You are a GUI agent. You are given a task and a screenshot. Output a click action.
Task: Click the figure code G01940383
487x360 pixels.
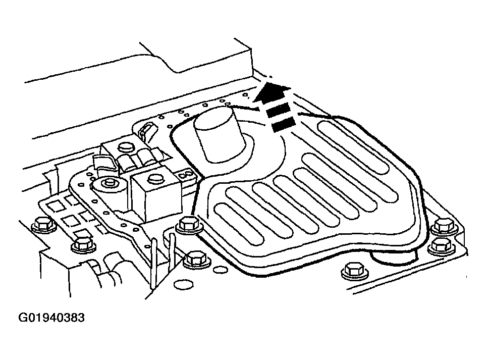51,318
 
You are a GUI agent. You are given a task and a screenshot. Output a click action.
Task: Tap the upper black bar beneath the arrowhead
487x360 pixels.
278,110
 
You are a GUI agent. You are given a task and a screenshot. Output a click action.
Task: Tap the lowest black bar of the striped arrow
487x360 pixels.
284,124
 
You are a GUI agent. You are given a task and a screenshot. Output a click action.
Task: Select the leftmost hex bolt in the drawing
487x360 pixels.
44,224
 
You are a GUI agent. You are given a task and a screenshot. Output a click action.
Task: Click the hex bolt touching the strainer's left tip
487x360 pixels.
189,225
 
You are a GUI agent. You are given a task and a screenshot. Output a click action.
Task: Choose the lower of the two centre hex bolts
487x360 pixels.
197,260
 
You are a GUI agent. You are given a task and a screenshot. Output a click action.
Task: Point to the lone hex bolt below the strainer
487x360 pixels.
355,270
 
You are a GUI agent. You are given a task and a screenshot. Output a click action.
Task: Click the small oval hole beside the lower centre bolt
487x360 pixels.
221,269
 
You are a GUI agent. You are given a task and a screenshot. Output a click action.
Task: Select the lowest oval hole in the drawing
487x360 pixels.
184,284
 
